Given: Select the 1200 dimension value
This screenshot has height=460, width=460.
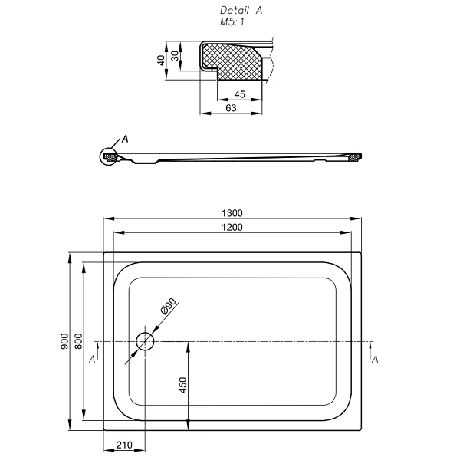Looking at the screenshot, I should pos(233,228).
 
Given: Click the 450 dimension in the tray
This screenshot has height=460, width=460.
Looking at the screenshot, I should pos(182,385).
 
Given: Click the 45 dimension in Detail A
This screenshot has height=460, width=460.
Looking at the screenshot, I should pos(239,94).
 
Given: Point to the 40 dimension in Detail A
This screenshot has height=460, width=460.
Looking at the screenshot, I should pos(161,60).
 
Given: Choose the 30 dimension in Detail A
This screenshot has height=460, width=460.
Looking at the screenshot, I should pos(175,56).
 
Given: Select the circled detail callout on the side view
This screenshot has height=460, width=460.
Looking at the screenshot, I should pos(108,157).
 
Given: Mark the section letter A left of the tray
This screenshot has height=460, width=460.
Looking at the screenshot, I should pos(93,358).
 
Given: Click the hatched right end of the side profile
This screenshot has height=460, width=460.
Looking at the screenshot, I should pos(354,159).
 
